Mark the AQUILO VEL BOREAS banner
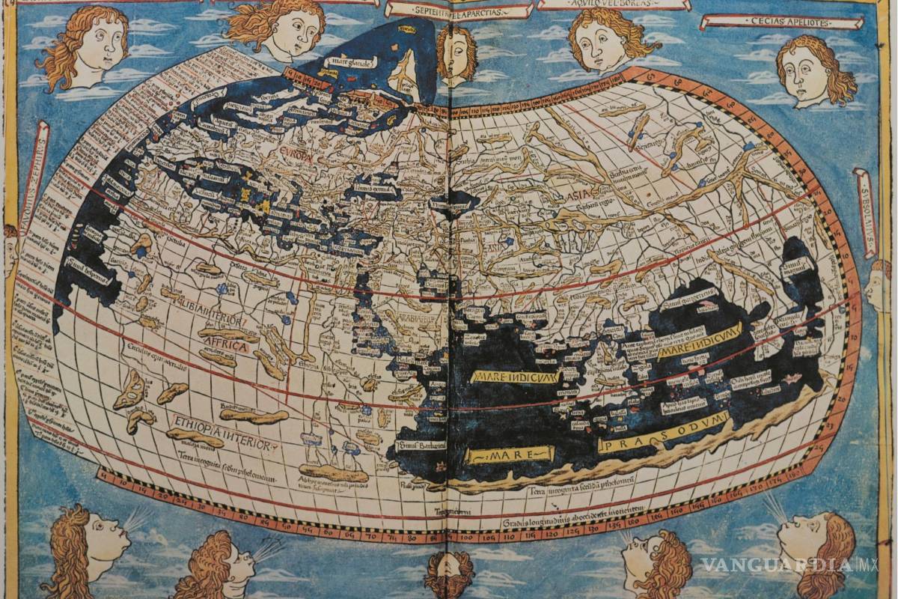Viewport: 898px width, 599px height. pyautogui.click(x=612, y=4)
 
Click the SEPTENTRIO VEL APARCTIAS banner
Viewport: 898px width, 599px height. pyautogui.click(x=459, y=10)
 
